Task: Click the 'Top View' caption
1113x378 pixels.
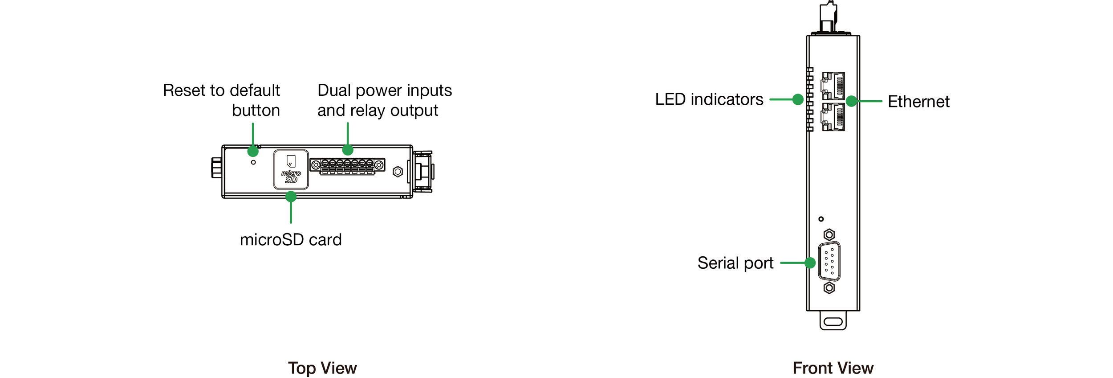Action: click(322, 368)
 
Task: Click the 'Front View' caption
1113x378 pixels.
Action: click(833, 368)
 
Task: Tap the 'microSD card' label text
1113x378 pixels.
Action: click(291, 240)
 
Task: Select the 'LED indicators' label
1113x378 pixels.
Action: click(709, 99)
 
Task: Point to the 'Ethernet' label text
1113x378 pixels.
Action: click(918, 102)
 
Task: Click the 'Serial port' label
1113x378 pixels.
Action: click(735, 263)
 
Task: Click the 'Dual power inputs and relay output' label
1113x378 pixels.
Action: click(384, 100)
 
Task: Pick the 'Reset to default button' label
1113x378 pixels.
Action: click(222, 100)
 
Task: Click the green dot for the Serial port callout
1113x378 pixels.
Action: click(810, 263)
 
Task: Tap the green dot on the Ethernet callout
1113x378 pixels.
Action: click(851, 101)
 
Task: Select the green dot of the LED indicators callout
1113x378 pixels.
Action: click(798, 99)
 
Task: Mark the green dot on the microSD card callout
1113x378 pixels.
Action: click(291, 197)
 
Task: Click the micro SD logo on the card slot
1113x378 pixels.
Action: click(291, 177)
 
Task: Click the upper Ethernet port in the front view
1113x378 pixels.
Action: click(833, 86)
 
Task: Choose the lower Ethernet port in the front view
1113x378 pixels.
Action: click(833, 117)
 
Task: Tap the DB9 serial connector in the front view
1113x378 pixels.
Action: click(829, 262)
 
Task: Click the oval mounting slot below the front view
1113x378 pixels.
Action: click(833, 321)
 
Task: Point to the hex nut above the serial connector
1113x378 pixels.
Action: click(829, 234)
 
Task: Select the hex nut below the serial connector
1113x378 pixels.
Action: click(829, 288)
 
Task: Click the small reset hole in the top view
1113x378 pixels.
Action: click(253, 162)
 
